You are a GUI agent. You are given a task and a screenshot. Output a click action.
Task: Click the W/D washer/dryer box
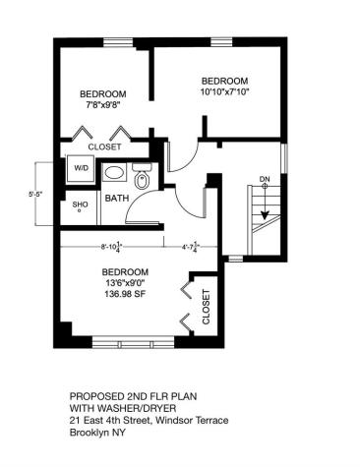[x=79, y=168]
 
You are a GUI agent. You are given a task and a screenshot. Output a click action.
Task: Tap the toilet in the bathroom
[x=141, y=180]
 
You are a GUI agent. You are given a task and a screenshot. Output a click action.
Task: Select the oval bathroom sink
[x=115, y=171]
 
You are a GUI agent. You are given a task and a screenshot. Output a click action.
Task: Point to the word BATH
[x=117, y=198]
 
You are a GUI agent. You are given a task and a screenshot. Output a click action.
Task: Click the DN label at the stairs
[x=264, y=178]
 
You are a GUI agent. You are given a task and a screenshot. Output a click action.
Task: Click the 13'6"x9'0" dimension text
[x=125, y=283]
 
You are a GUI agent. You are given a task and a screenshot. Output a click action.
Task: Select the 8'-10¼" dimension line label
[x=116, y=248]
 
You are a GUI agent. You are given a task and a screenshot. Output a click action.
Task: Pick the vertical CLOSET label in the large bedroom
[x=206, y=308]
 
